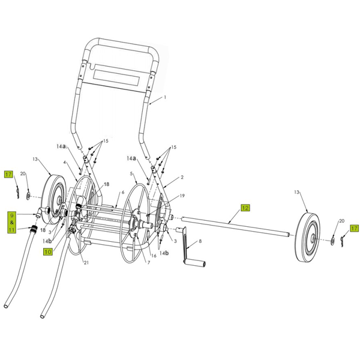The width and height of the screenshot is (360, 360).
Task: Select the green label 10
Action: pyautogui.click(x=47, y=253)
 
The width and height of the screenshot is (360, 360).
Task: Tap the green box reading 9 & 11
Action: pyautogui.click(x=12, y=221)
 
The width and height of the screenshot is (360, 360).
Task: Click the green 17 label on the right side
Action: pyautogui.click(x=354, y=228)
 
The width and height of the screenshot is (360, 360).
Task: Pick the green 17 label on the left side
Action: pyautogui.click(x=8, y=175)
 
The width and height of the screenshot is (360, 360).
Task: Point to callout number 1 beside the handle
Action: pyautogui.click(x=164, y=98)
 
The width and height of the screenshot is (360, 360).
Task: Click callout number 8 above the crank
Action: pyautogui.click(x=200, y=241)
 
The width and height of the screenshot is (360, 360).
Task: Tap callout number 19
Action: pyautogui.click(x=182, y=196)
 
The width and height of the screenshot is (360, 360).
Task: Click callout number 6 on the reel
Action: pyautogui.click(x=123, y=193)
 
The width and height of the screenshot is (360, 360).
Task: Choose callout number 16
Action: pyautogui.click(x=154, y=256)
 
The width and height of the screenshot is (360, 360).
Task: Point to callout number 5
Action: pyautogui.click(x=131, y=174)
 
